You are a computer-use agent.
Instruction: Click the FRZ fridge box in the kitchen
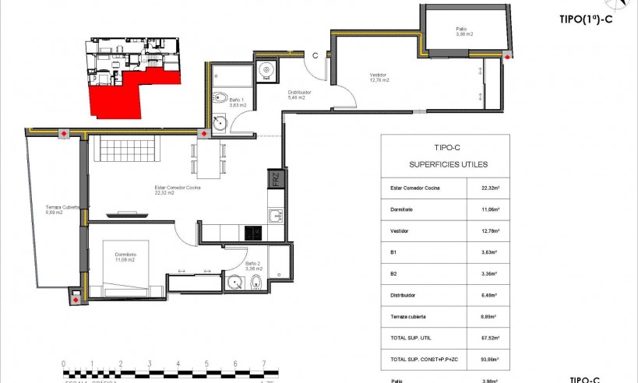[x=275, y=180]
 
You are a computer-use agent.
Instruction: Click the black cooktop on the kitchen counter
[x=254, y=232]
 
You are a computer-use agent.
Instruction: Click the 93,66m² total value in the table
[x=489, y=360]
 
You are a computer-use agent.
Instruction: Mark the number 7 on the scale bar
[x=265, y=364]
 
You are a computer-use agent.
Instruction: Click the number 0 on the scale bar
[x=63, y=364]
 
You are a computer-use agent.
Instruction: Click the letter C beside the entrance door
[x=315, y=55]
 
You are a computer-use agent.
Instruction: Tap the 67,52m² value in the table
[x=489, y=339]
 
